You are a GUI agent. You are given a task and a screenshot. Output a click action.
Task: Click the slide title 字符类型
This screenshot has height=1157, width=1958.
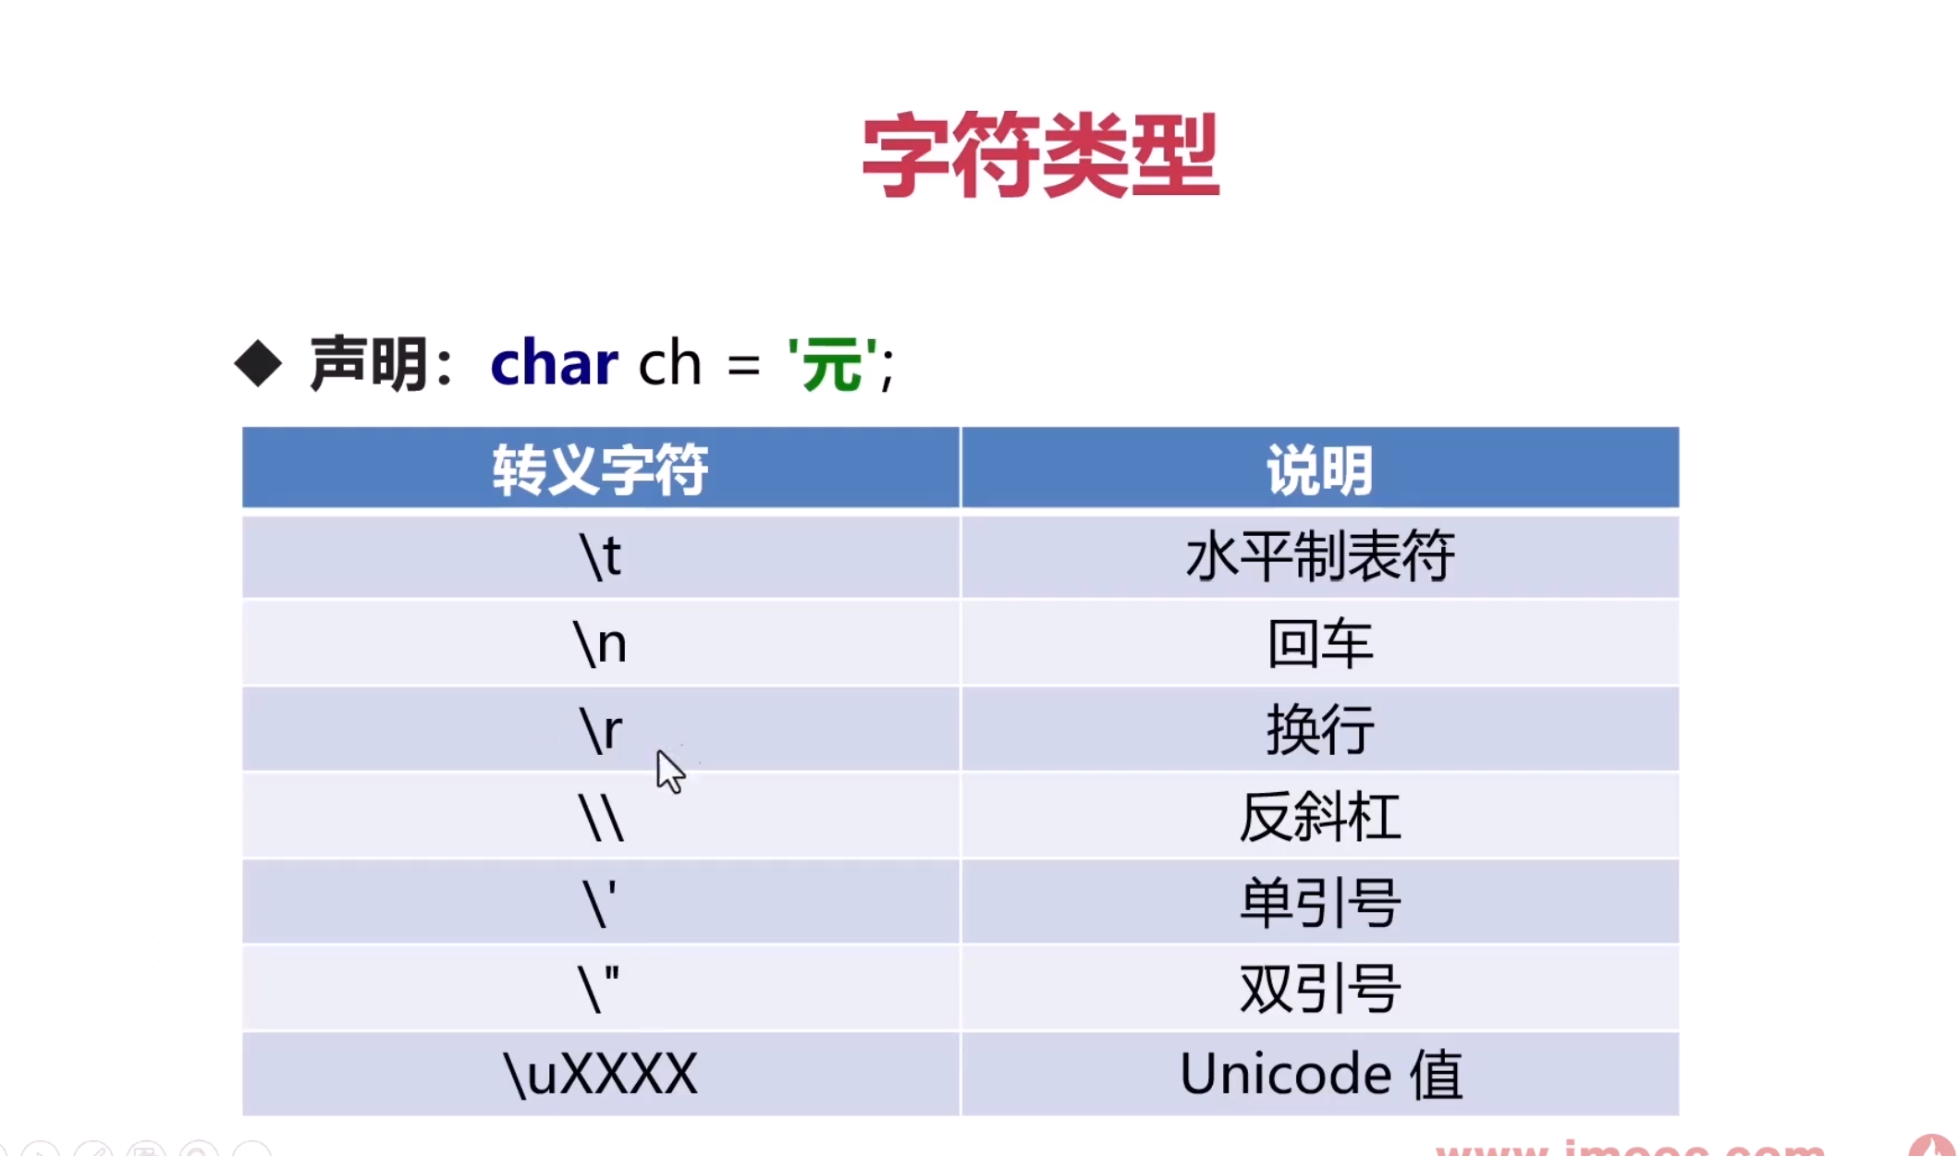coord(1040,155)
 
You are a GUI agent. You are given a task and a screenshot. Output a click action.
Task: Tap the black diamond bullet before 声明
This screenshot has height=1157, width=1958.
coord(258,363)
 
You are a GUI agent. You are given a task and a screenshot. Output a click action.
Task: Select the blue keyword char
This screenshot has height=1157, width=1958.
coord(554,363)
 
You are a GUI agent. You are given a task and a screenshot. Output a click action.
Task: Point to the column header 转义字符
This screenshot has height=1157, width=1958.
coord(600,469)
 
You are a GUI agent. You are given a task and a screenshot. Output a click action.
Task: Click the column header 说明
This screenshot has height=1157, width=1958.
coord(1319,469)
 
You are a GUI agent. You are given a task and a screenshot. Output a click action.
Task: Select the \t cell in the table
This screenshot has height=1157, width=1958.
coord(600,556)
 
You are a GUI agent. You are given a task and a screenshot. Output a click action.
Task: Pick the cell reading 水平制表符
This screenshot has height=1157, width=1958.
coord(1319,556)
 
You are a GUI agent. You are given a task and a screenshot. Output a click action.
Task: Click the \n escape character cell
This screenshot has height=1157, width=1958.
coord(600,643)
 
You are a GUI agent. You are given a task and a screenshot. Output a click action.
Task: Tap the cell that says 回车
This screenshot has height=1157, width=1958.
coord(1319,643)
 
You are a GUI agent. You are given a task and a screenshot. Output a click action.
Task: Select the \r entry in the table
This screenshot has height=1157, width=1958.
coord(600,730)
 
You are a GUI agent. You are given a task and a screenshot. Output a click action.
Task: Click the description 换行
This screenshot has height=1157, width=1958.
coord(1319,730)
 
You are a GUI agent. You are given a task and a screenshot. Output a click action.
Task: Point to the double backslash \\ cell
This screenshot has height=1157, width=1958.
coord(600,817)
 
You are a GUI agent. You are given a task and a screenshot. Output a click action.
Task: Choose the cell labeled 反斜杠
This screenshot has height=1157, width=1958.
coord(1319,817)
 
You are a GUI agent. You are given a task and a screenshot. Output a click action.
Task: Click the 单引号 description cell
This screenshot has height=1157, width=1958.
coord(1319,903)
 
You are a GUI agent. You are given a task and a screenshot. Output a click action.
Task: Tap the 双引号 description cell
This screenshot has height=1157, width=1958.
coord(1319,989)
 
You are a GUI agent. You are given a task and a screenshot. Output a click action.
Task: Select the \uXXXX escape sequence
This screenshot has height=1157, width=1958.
coord(600,1074)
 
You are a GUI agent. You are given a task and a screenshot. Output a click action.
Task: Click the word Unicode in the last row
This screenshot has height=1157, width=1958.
coord(1285,1074)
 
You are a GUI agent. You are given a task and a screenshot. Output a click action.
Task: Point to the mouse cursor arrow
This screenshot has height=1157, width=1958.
coord(670,771)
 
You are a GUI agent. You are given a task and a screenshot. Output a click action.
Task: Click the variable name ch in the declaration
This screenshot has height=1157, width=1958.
coord(670,363)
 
